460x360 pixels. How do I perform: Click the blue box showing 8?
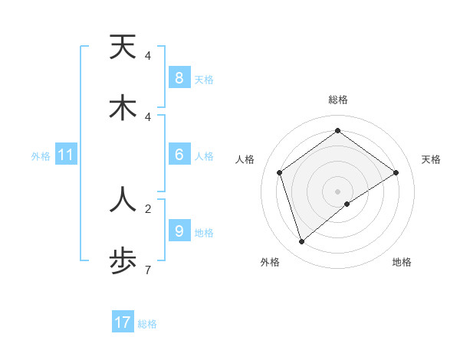pyautogui.click(x=179, y=78)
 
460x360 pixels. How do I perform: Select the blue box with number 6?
pyautogui.click(x=179, y=155)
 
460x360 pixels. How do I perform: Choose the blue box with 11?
pyautogui.click(x=66, y=155)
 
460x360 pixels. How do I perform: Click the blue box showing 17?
pyautogui.click(x=123, y=322)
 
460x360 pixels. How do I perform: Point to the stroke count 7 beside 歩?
pyautogui.click(x=148, y=270)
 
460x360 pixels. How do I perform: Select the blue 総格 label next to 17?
pyautogui.click(x=147, y=324)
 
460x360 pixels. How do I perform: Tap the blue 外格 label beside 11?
pyautogui.click(x=41, y=156)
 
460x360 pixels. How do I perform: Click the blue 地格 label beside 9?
pyautogui.click(x=204, y=233)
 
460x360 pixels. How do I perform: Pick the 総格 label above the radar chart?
pyautogui.click(x=337, y=100)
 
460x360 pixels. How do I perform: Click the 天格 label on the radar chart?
pyautogui.click(x=432, y=159)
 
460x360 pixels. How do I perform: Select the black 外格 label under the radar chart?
pyautogui.click(x=269, y=262)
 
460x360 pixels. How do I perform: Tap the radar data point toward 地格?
pyautogui.click(x=347, y=204)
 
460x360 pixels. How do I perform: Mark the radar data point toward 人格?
pyautogui.click(x=280, y=172)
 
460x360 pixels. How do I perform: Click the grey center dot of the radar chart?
pyautogui.click(x=337, y=191)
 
